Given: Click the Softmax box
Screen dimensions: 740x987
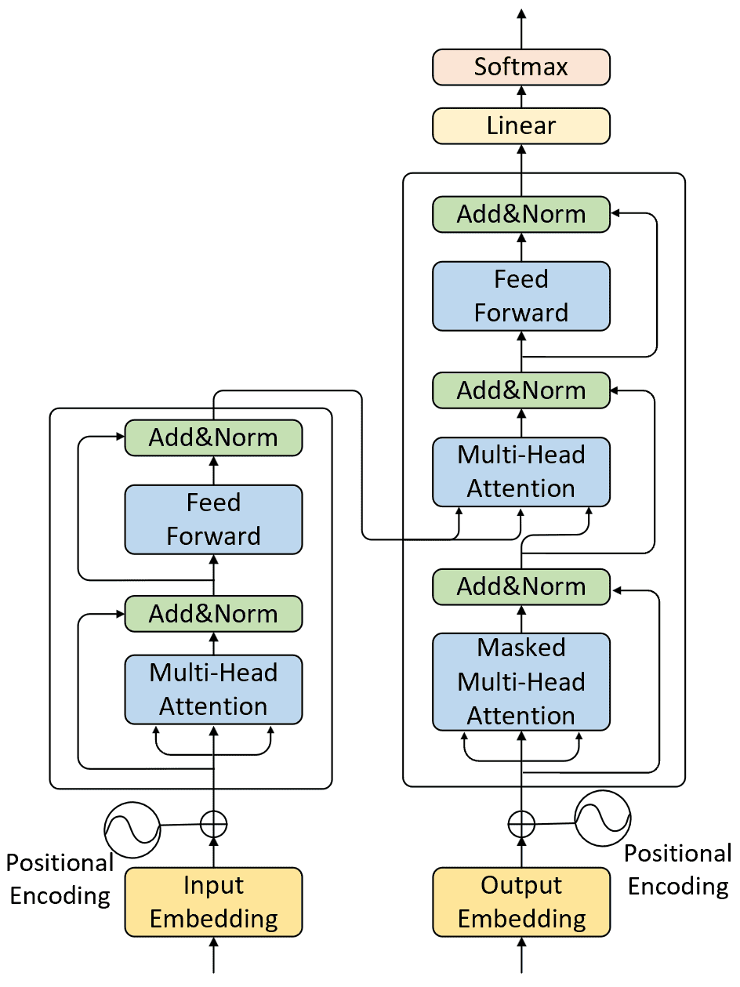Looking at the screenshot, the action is [x=521, y=67].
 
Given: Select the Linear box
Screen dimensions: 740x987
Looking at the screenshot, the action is [x=521, y=126].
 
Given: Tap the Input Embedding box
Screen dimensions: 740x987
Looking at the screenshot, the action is [x=213, y=902].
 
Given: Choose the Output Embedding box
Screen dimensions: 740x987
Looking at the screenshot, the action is [x=521, y=902].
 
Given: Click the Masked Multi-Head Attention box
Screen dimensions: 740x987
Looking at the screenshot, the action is [x=521, y=682].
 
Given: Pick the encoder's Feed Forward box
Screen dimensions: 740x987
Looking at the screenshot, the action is [x=213, y=519].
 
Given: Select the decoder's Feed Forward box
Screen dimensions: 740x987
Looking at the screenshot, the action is [x=521, y=296].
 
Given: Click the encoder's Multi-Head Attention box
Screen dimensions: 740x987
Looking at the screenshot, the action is [x=213, y=689].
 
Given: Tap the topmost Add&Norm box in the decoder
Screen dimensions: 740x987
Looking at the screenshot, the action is [x=521, y=215].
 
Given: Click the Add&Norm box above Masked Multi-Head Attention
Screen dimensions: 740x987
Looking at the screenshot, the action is [x=521, y=587].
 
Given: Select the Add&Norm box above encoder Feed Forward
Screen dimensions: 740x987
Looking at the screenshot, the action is [x=213, y=437].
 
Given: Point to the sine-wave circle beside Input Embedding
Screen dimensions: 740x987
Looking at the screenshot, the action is [x=132, y=829].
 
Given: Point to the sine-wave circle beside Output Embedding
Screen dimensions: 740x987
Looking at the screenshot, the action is [x=603, y=818].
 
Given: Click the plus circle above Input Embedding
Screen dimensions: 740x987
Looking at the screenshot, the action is [x=213, y=824].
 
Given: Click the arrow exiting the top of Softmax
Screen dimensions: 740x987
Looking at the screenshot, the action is [x=521, y=29].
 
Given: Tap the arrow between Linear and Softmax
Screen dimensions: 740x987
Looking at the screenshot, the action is [x=521, y=96].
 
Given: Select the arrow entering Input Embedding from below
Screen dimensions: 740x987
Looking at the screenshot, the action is [x=213, y=955].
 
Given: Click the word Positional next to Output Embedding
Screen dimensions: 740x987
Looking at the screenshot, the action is [x=678, y=854].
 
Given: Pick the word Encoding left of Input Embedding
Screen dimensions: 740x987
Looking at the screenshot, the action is [x=60, y=896].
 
